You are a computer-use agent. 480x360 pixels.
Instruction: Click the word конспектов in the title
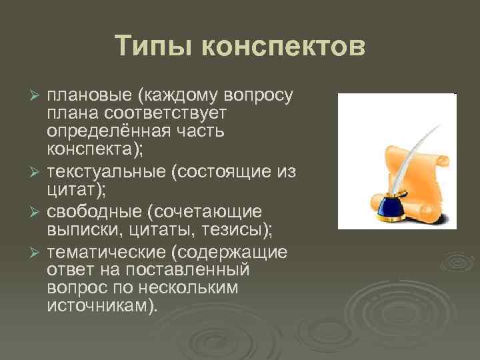[283, 47]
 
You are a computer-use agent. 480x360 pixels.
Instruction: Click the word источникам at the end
[100, 306]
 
